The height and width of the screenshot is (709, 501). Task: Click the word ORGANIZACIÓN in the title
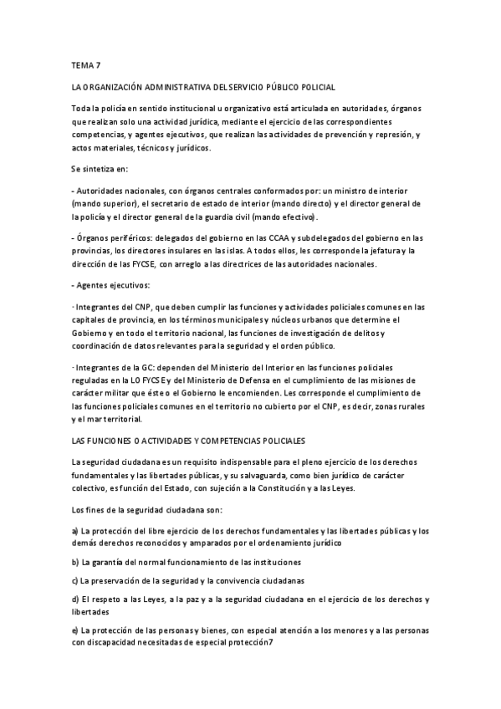coord(121,86)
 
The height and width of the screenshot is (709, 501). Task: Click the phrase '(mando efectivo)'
coord(309,216)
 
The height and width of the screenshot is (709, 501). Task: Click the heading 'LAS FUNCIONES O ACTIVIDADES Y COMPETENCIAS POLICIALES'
coord(188,439)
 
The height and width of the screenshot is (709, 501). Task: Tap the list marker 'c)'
coord(75,579)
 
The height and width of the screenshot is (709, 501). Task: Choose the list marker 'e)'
coord(75,630)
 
